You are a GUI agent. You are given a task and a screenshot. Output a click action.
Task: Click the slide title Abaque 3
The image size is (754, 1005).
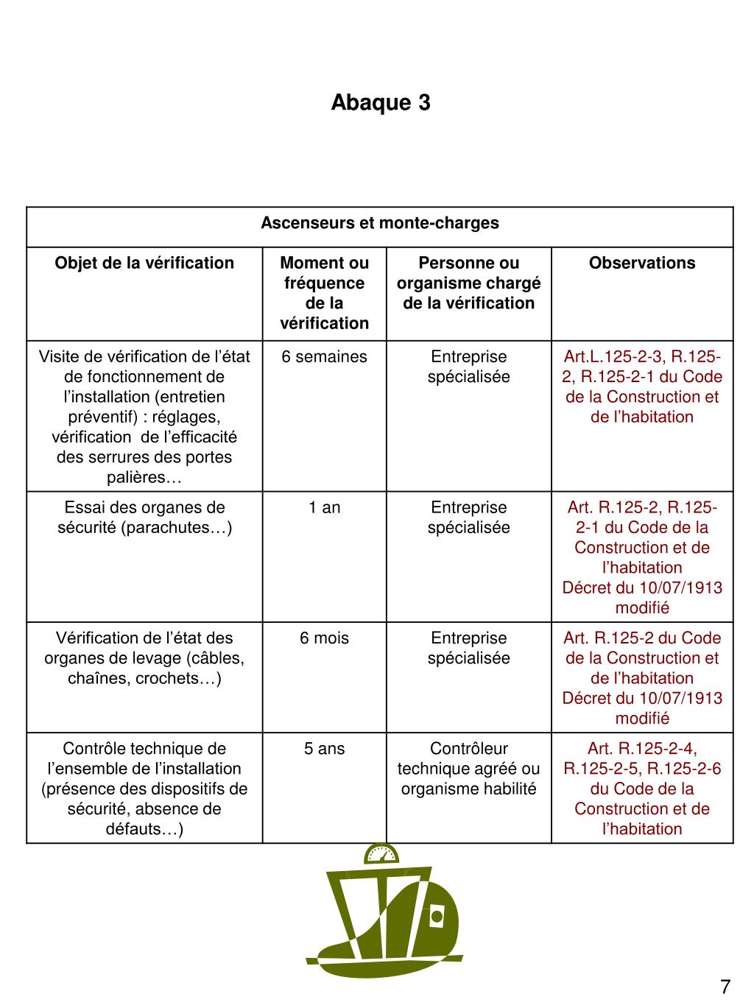[380, 102]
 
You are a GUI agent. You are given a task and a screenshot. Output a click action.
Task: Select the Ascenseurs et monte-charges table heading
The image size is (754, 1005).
[380, 223]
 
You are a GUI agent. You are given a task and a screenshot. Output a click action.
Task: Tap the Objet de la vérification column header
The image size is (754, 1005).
[144, 263]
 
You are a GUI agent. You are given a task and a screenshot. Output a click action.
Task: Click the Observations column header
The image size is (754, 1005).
[642, 263]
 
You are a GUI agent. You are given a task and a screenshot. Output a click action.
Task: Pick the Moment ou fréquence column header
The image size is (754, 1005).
[325, 293]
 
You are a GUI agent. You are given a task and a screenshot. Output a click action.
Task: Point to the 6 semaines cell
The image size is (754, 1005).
[325, 357]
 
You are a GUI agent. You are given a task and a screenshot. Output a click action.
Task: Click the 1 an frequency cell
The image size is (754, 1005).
[325, 507]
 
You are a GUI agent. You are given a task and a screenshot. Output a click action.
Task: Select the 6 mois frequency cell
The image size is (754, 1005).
[325, 638]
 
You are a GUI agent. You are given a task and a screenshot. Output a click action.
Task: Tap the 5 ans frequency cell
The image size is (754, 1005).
[325, 749]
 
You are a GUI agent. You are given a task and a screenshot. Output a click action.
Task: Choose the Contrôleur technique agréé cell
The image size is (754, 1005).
[469, 769]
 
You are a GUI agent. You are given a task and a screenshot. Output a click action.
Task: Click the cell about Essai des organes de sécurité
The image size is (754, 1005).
[144, 518]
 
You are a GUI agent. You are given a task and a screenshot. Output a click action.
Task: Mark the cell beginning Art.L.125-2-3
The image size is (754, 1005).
[642, 387]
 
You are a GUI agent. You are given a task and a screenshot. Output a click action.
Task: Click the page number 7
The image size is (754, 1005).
[725, 987]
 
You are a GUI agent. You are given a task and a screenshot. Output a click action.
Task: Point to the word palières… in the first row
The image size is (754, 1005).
[144, 478]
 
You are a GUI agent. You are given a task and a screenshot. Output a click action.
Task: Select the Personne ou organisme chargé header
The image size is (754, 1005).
[469, 283]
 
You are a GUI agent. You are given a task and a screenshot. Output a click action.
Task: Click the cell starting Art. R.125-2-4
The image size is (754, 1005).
[642, 789]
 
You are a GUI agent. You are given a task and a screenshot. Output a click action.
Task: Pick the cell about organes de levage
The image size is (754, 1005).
[144, 658]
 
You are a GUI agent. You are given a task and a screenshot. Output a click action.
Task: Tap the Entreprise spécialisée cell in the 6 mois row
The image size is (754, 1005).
[469, 648]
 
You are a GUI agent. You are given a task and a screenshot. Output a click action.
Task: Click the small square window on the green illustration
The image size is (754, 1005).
[437, 917]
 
